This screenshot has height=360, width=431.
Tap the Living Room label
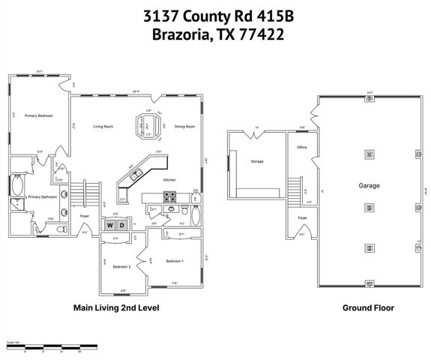coord(103,127)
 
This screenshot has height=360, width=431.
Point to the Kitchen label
coord(170,180)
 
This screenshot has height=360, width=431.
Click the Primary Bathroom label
coord(43,196)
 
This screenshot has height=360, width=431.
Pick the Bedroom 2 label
coord(122,267)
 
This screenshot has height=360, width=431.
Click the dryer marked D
coord(122,225)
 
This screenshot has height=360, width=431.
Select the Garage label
coord(369,185)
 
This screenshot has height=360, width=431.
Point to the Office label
coord(302,148)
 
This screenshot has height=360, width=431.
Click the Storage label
coord(257,161)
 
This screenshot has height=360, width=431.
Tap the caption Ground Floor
coord(368,307)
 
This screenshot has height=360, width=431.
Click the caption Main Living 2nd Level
coord(116,307)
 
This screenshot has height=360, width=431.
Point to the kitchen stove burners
coord(170,198)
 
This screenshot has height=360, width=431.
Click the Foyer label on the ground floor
coord(302,218)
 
